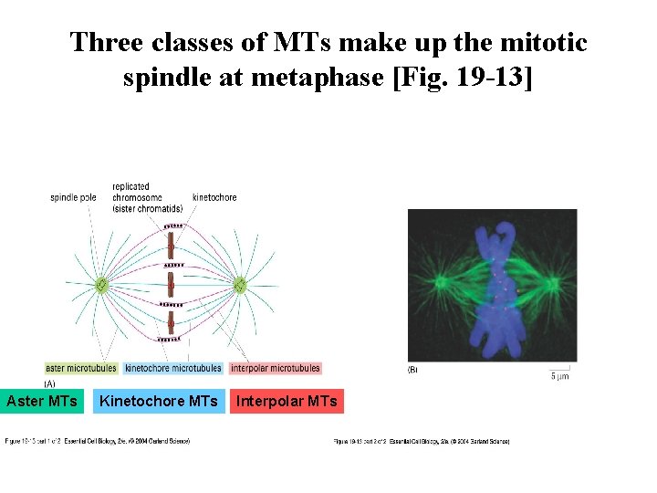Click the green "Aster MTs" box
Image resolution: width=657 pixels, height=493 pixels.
click(42, 401)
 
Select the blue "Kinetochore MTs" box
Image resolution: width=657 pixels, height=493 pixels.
click(159, 401)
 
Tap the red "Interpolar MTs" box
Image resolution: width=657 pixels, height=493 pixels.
click(287, 401)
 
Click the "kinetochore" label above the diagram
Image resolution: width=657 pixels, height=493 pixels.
click(214, 197)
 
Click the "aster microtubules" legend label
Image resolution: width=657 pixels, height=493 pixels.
click(81, 369)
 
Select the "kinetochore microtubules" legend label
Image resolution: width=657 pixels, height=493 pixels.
click(173, 369)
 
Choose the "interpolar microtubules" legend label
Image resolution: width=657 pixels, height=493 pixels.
click(276, 369)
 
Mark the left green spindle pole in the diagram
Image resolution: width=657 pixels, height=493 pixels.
click(101, 286)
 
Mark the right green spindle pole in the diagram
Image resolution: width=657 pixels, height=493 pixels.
click(240, 286)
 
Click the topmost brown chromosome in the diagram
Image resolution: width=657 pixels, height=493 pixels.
click(171, 243)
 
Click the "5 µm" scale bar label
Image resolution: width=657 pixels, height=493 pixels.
click(560, 375)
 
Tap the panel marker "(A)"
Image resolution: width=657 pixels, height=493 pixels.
click(50, 383)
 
